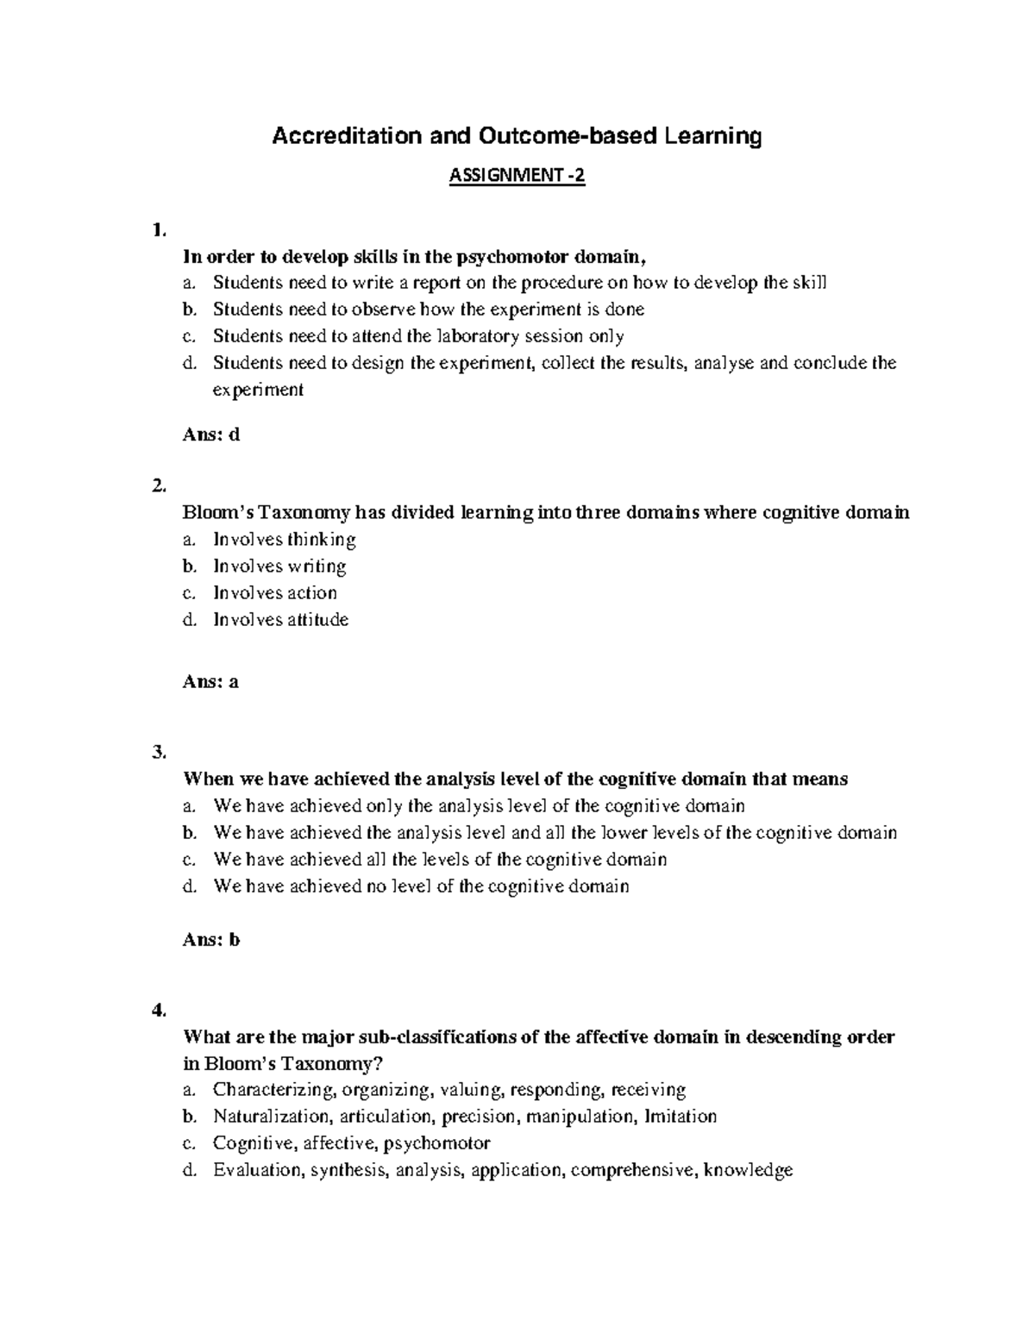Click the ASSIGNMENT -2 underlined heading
pos(517,177)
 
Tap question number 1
pos(157,229)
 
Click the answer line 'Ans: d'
pos(211,435)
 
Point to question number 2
pos(157,485)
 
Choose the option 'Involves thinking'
pos(284,540)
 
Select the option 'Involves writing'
pos(279,566)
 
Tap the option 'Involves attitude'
pos(280,620)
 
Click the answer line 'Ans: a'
pos(210,682)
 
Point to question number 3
pos(157,752)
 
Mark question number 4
pos(157,1010)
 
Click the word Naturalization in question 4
pos(272,1117)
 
